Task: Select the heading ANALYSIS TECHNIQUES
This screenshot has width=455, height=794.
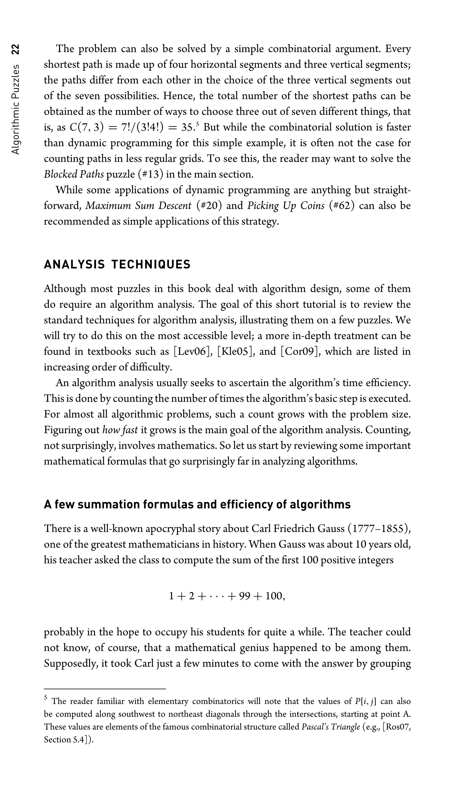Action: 117,264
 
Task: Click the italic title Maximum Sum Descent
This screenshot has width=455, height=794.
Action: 138,206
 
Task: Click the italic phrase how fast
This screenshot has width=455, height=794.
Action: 120,430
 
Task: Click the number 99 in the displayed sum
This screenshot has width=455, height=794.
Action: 244,596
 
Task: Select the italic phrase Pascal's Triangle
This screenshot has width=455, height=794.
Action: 331,727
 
